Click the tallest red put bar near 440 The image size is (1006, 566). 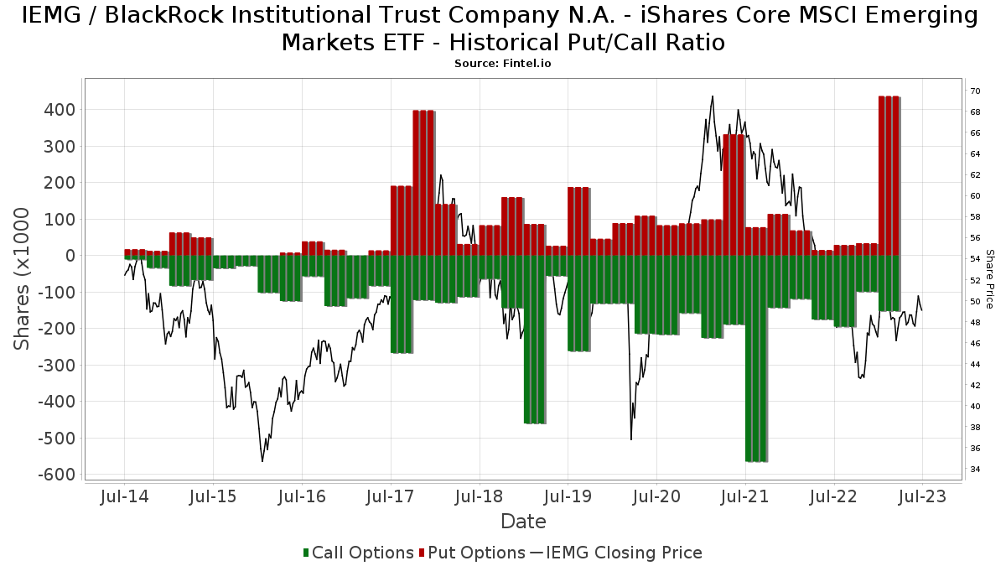889,176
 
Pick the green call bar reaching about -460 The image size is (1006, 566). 535,340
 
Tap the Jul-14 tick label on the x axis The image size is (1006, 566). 124,496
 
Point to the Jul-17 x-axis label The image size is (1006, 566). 391,496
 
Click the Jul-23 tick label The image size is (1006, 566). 922,496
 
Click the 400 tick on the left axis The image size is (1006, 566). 58,110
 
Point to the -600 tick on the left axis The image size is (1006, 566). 54,475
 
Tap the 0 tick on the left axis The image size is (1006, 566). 70,256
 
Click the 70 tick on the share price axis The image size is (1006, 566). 975,91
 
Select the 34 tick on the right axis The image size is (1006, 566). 975,469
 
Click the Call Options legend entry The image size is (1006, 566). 358,553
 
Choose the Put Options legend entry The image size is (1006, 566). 474,553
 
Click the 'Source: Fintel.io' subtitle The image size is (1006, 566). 502,64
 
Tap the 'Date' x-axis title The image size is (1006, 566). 523,522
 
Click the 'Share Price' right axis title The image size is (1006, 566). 990,279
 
